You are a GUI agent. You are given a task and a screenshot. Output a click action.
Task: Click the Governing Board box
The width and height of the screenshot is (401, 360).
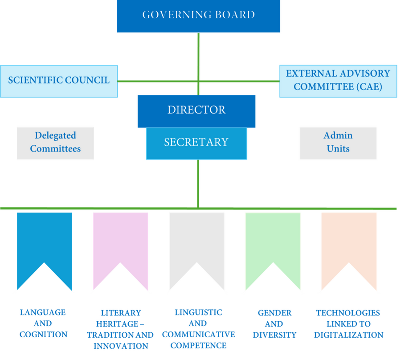(198, 16)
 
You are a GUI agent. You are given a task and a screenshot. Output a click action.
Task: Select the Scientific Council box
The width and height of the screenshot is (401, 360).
(59, 81)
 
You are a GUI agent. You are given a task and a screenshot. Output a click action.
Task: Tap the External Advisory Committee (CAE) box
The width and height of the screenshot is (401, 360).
(337, 81)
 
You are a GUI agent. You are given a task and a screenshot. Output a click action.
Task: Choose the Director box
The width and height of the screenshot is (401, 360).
(196, 110)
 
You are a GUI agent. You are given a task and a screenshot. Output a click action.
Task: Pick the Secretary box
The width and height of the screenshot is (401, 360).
(196, 143)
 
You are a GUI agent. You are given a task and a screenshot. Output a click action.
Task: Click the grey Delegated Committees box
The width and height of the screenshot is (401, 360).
(55, 143)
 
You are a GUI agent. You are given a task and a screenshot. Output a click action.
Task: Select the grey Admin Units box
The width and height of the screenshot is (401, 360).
(338, 143)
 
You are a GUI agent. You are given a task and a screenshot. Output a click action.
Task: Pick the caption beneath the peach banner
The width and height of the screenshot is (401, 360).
(349, 323)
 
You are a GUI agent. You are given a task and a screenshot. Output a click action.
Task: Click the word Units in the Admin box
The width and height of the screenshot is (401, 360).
(338, 149)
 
